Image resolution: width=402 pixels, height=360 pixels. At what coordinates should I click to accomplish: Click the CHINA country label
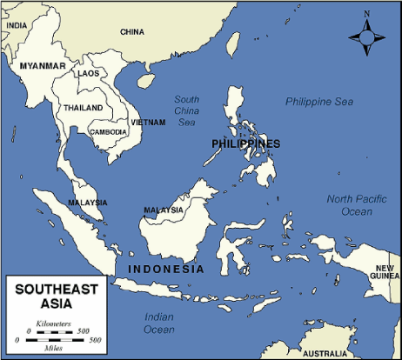[x=132, y=32]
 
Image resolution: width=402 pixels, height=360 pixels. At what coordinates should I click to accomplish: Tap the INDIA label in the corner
[x=17, y=26]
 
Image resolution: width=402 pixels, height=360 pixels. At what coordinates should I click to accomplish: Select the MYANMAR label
[x=42, y=66]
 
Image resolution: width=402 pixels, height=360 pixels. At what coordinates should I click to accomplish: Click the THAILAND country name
[x=83, y=108]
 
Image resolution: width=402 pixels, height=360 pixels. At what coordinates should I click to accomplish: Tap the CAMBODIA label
[x=109, y=132]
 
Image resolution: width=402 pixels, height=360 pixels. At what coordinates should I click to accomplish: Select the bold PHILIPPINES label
[x=245, y=143]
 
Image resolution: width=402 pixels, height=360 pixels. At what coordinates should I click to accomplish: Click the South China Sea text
[x=186, y=110]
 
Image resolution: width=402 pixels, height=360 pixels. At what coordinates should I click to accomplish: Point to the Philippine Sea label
[x=320, y=103]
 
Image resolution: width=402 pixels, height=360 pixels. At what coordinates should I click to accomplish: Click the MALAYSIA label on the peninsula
[x=88, y=203]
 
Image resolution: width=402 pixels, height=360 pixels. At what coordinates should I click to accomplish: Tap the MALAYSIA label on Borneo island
[x=164, y=210]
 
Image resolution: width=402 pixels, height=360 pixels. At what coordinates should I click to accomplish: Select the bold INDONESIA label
[x=165, y=269]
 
